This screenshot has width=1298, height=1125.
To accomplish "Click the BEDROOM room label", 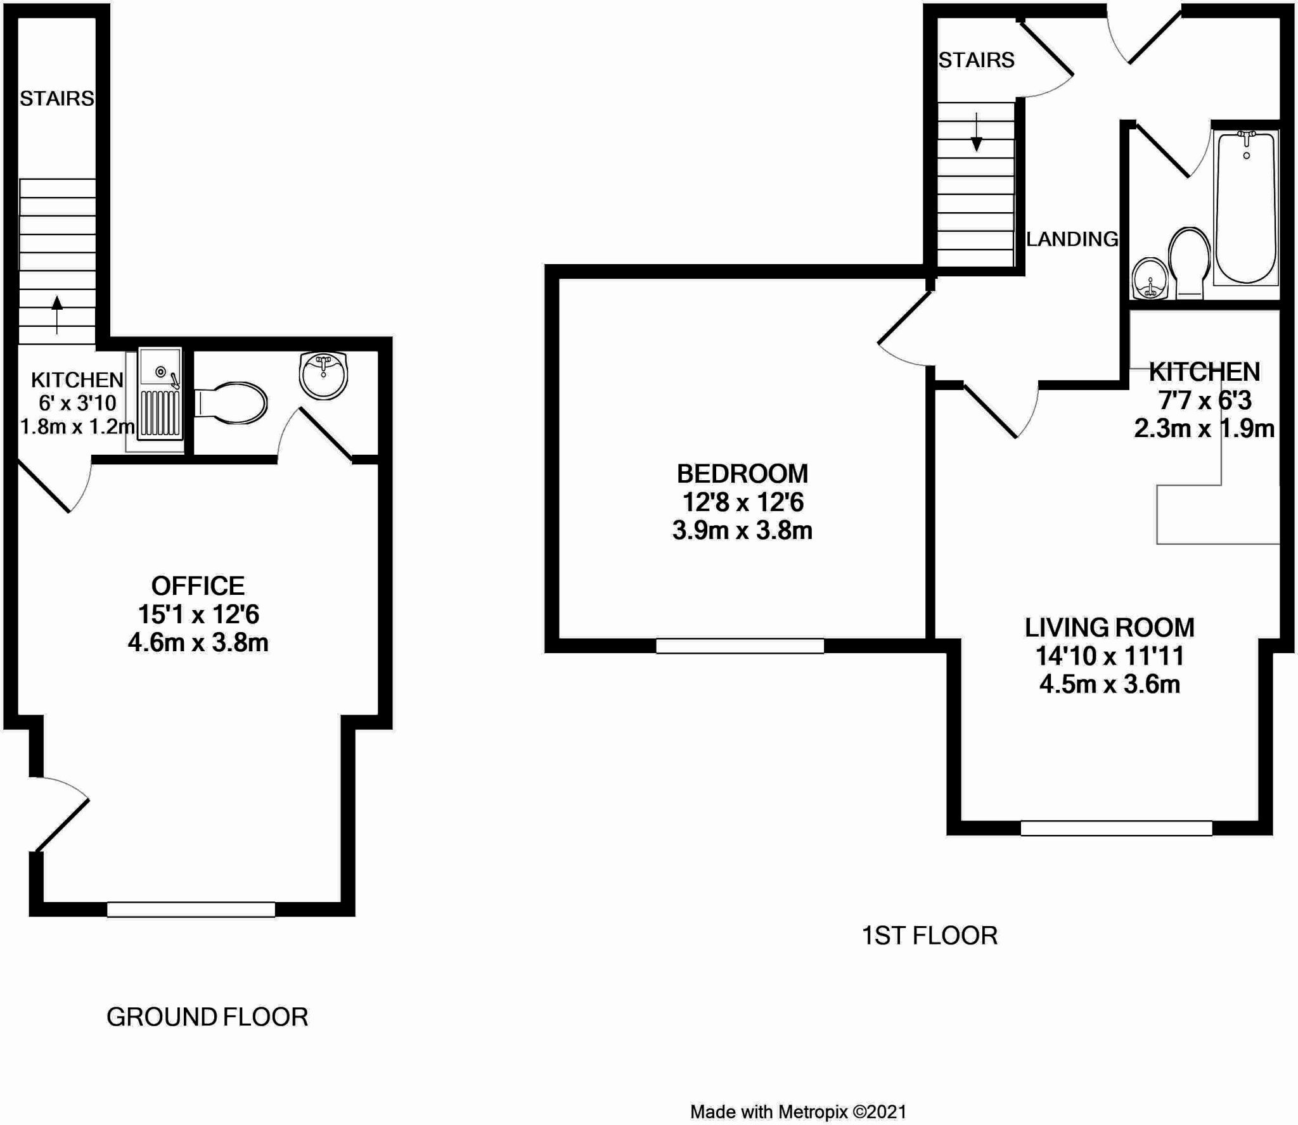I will click(x=742, y=474).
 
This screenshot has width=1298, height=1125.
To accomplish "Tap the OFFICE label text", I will click(x=198, y=586).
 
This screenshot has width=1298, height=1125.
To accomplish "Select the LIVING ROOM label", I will click(x=1109, y=628).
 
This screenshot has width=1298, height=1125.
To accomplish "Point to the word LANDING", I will click(x=1072, y=239).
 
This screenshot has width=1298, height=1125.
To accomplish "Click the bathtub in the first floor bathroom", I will click(x=1245, y=209).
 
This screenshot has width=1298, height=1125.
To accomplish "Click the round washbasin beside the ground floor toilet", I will click(x=323, y=376).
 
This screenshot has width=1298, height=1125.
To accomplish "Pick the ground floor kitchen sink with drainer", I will click(x=160, y=393).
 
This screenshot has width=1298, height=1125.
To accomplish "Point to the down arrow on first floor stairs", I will click(x=977, y=133).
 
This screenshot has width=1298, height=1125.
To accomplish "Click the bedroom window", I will click(x=740, y=646).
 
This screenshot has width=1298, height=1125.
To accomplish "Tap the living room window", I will click(x=1116, y=828).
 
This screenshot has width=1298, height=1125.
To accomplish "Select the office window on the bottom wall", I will click(x=191, y=910).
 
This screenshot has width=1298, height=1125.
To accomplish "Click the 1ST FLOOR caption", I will click(x=929, y=936).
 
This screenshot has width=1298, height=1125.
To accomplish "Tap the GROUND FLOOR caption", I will click(x=207, y=1017).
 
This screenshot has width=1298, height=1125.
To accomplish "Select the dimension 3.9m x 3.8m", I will click(x=742, y=531).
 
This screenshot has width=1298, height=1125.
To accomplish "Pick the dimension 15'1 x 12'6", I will click(x=198, y=614).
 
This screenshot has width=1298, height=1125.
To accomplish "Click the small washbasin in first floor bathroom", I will click(x=1150, y=278).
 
